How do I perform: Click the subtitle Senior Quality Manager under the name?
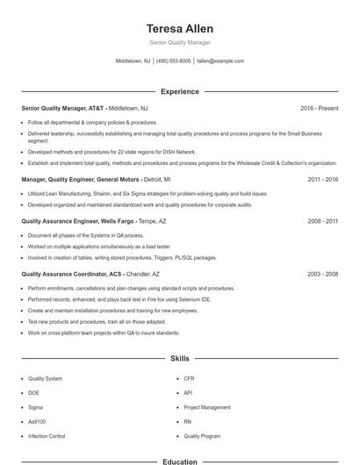point(180,42)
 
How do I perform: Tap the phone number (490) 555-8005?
point(174,61)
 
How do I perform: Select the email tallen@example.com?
point(220,61)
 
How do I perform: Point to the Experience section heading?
point(180,91)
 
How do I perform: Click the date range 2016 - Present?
point(319,108)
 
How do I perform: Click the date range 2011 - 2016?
point(323,178)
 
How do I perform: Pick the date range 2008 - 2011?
point(323,222)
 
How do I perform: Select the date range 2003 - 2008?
point(323,274)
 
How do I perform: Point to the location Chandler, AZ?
point(144,274)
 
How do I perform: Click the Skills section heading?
point(180,359)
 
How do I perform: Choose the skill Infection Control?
point(47,435)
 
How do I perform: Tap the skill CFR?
point(189,378)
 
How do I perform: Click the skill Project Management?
point(206,407)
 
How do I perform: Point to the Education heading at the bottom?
point(180,461)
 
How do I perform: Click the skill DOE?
point(34,392)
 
